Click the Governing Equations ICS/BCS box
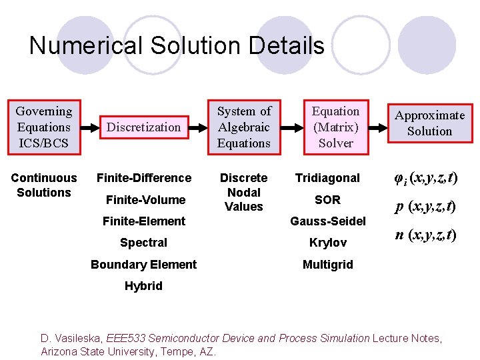(x=44, y=127)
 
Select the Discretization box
(x=144, y=127)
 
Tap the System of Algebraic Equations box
(x=244, y=127)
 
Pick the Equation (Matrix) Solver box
(x=335, y=127)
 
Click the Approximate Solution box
(x=429, y=123)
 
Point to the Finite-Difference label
(x=144, y=178)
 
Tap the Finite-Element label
(x=144, y=221)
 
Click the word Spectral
(x=143, y=243)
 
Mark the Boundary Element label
(x=143, y=265)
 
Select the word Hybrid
(x=143, y=286)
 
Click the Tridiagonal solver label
(x=327, y=178)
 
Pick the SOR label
(x=327, y=199)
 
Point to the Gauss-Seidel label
(x=327, y=221)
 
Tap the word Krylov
(x=327, y=243)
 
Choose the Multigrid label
(x=327, y=265)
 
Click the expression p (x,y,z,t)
(x=425, y=207)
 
